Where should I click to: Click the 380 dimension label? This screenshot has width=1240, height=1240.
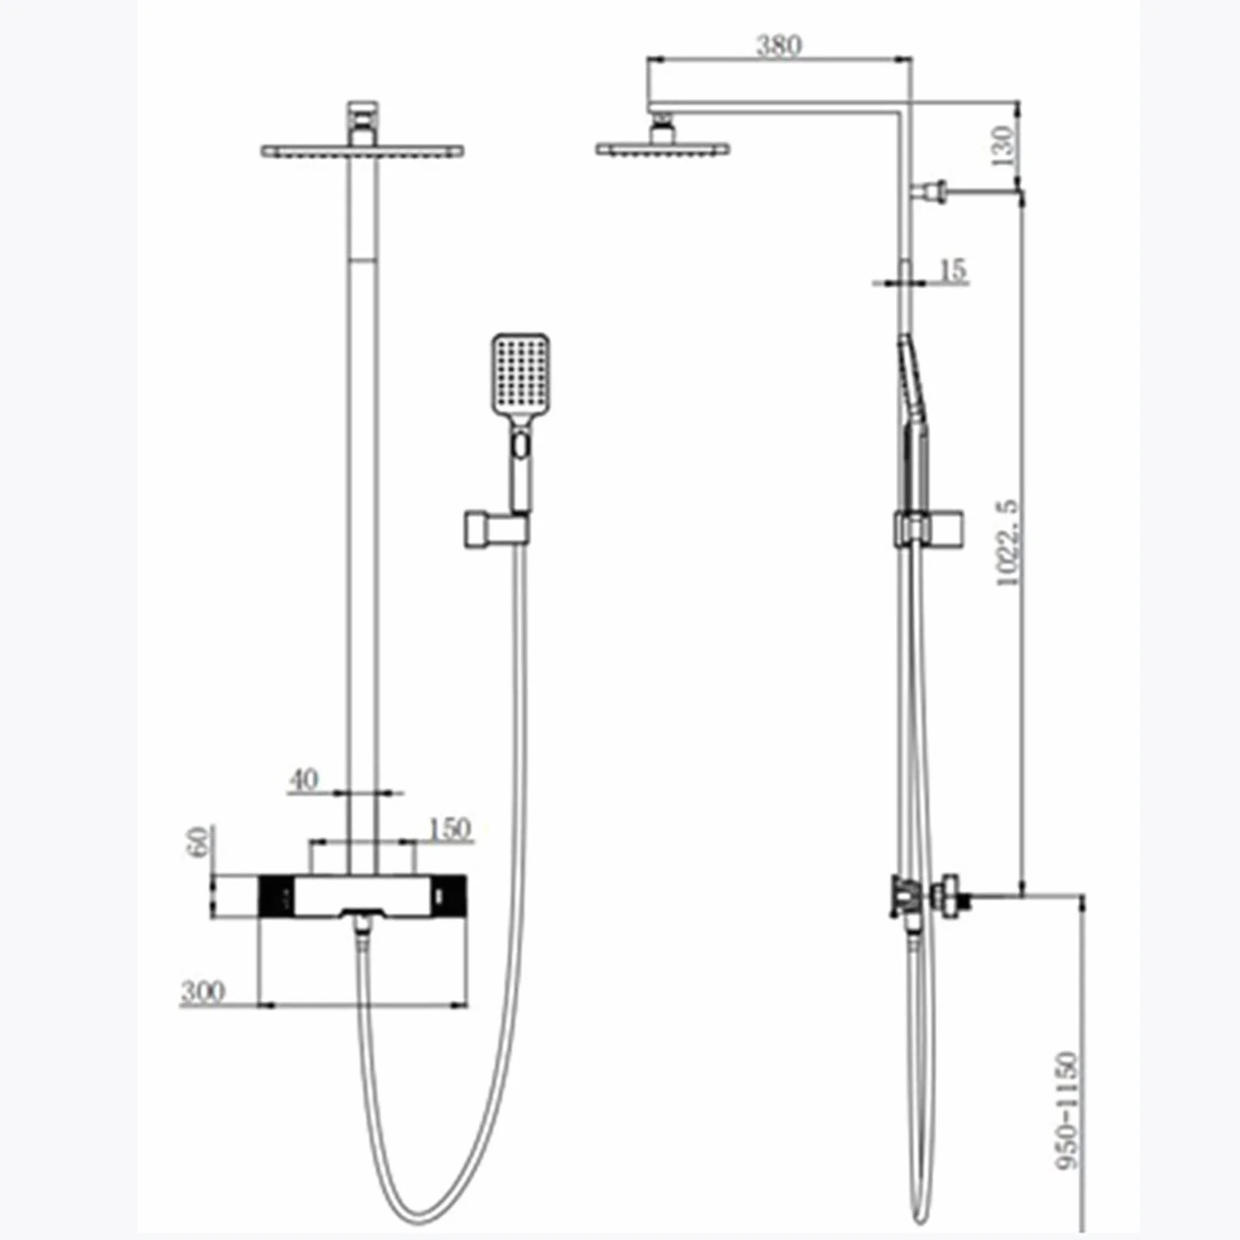(778, 46)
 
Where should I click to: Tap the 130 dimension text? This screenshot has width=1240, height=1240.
(1002, 145)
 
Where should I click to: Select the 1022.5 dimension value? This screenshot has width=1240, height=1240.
(1008, 542)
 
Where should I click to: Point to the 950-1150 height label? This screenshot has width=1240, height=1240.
(1067, 1110)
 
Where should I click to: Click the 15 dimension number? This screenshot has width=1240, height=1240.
(953, 270)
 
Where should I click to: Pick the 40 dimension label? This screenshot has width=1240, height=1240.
(303, 780)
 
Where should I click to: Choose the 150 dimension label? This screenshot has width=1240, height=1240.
(449, 828)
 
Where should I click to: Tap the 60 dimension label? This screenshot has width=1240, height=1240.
(199, 841)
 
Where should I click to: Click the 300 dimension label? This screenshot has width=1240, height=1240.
(203, 991)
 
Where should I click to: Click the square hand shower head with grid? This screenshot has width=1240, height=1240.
(521, 373)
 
